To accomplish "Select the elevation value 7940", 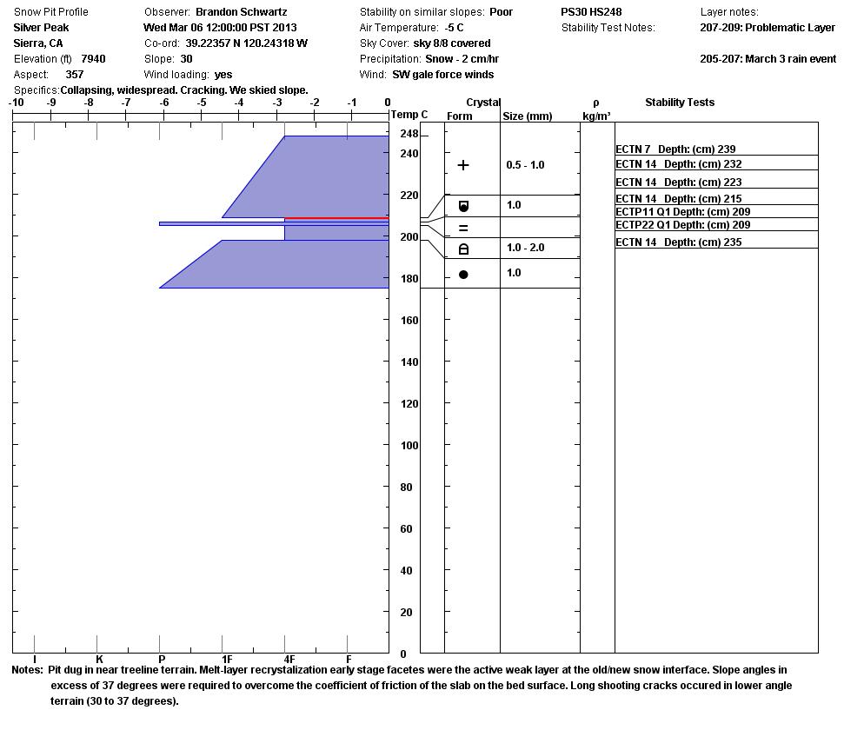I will click(94, 59).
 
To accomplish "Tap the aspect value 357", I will click(75, 75).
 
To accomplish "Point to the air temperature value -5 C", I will click(454, 28).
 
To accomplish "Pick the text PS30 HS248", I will click(591, 12).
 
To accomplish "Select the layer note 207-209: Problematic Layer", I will click(767, 28).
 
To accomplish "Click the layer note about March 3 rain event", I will click(767, 59).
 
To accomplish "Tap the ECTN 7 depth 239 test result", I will click(675, 149).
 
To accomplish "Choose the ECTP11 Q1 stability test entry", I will click(682, 212).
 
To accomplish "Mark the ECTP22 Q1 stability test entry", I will click(682, 225).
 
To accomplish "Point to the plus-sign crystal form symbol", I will click(463, 165).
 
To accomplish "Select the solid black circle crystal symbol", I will click(463, 275).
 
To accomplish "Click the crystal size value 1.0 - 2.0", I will click(525, 248).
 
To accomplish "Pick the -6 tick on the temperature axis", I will click(163, 103).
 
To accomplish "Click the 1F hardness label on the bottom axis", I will click(226, 660).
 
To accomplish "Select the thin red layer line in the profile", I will click(336, 218).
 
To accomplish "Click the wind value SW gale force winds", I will click(443, 75).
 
